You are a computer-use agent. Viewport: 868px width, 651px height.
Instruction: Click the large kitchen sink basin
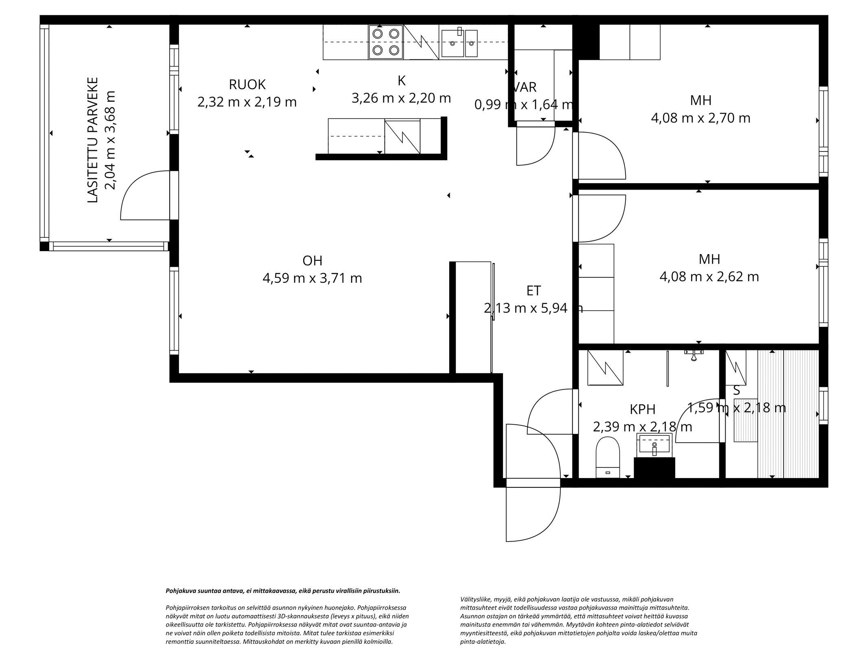(x=452, y=43)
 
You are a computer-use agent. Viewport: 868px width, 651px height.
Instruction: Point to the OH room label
(x=313, y=260)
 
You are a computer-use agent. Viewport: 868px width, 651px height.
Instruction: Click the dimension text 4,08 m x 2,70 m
(x=700, y=118)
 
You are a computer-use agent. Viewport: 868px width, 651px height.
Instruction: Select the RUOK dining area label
(x=247, y=85)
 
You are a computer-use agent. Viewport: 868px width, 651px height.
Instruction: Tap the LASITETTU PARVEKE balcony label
(x=93, y=140)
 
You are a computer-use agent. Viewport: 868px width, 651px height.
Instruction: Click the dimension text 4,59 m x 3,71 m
(x=312, y=278)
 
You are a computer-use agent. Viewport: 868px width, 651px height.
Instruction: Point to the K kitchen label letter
(x=401, y=81)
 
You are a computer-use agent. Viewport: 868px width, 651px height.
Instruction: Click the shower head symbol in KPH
(x=693, y=354)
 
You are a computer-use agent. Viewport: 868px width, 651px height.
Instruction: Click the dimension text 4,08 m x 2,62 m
(x=709, y=277)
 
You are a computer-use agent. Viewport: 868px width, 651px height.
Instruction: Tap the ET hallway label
(x=533, y=291)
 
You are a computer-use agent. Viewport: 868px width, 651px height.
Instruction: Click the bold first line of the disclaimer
(x=283, y=591)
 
